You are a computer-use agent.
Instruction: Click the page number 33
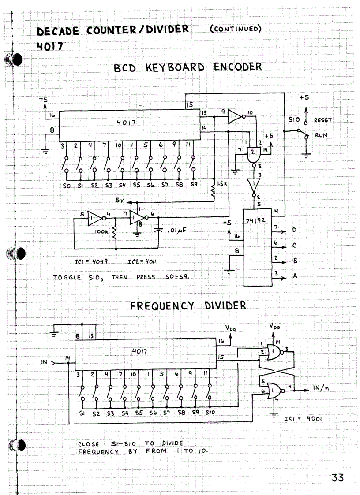click(x=337, y=477)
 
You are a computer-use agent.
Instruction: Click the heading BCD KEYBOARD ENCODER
click(x=187, y=67)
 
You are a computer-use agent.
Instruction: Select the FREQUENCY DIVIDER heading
click(x=188, y=305)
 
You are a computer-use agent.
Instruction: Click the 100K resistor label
click(x=101, y=230)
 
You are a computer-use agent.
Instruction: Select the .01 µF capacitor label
click(x=175, y=230)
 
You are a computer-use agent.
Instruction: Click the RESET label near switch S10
click(x=323, y=120)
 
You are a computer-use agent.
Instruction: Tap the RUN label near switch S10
click(x=321, y=135)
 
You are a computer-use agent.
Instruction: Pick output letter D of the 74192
click(x=294, y=230)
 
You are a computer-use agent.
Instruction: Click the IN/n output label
click(x=321, y=387)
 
